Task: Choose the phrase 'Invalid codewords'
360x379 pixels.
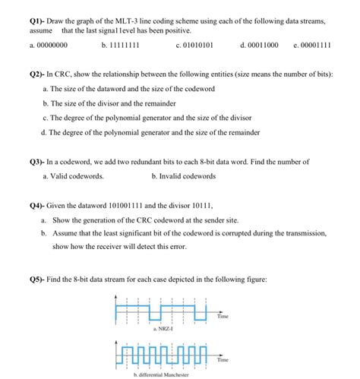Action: (x=188, y=176)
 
